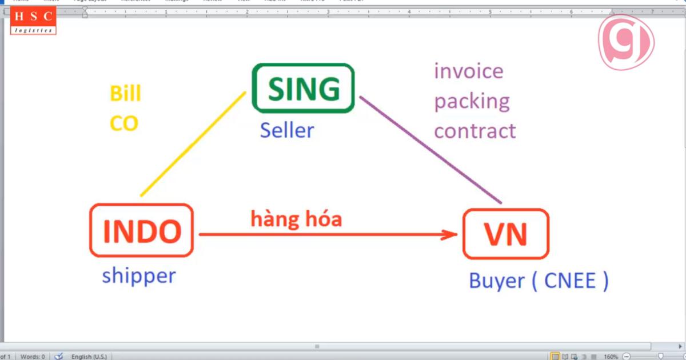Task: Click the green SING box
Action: [303, 88]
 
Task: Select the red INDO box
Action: [142, 230]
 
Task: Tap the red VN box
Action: [505, 234]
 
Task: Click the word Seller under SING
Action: [287, 131]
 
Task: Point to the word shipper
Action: [139, 276]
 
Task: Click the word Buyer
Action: [496, 281]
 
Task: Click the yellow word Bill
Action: [125, 94]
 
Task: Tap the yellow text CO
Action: [124, 123]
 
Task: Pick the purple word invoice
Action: [469, 71]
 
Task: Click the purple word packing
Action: [472, 102]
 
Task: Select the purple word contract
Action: [475, 131]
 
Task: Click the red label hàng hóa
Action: [296, 218]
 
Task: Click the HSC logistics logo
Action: [34, 21]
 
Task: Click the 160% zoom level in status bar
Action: [611, 357]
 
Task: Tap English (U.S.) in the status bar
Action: [89, 357]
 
